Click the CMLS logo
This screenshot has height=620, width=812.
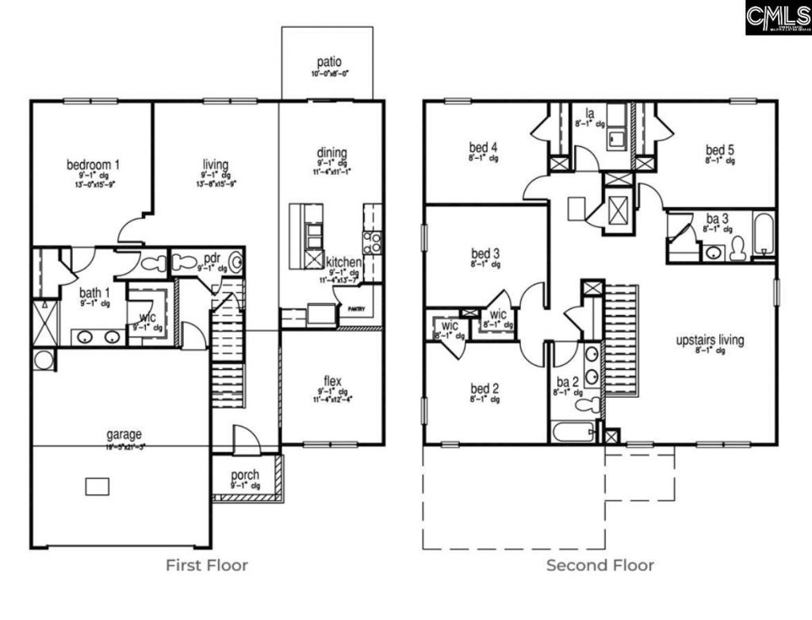click(x=777, y=17)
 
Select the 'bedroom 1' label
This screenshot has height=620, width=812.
click(x=93, y=165)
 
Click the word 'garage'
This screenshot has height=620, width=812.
click(x=124, y=434)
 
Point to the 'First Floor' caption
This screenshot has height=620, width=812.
click(x=206, y=565)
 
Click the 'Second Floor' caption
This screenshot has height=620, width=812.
click(x=599, y=565)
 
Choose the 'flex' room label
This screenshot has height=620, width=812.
click(x=332, y=379)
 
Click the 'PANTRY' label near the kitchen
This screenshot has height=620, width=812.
click(x=349, y=310)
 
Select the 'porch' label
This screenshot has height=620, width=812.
click(x=245, y=475)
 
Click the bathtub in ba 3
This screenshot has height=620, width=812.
click(x=764, y=234)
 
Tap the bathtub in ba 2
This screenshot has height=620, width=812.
click(x=573, y=433)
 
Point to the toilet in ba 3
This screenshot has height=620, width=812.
click(x=737, y=248)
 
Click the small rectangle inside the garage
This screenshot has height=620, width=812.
click(x=97, y=485)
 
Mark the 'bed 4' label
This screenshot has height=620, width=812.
click(x=483, y=148)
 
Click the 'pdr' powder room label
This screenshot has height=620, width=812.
click(x=211, y=259)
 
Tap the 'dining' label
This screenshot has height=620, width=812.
click(x=331, y=153)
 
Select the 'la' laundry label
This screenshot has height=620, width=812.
click(x=590, y=114)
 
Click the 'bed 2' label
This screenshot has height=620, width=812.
click(x=485, y=388)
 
